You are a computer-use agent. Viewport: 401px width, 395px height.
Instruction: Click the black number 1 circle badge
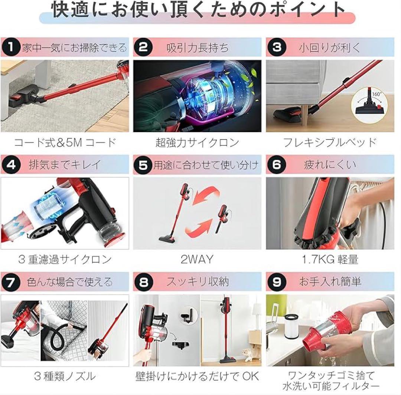pos(10,47)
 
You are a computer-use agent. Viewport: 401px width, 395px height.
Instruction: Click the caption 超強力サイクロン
pos(197,142)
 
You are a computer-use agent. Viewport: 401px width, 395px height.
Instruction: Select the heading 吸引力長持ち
pos(197,47)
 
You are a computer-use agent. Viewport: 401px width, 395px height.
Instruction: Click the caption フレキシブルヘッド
pos(330,142)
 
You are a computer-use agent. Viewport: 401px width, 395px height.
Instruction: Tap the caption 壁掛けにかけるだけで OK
pos(197,376)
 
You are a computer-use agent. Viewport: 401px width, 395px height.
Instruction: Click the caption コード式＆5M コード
pos(65,142)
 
